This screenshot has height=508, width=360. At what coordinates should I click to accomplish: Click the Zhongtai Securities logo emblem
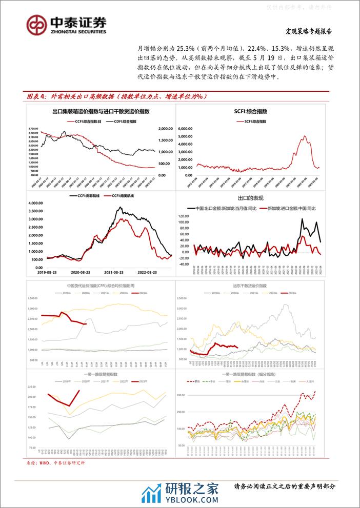click(36, 24)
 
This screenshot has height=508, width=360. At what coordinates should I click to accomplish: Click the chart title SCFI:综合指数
click(252, 111)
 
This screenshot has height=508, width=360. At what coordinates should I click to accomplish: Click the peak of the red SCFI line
click(305, 136)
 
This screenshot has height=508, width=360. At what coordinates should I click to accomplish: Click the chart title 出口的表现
click(252, 198)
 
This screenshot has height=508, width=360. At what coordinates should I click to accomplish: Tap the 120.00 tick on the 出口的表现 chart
click(185, 216)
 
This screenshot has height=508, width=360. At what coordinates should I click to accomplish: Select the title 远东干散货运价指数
click(251, 286)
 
